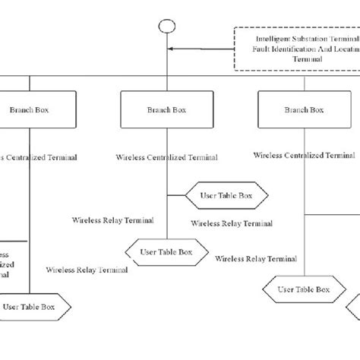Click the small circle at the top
tap(167, 27)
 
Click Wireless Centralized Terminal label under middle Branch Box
tap(167, 158)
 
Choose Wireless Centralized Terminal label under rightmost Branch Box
tap(304, 155)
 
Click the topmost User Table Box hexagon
tap(228, 195)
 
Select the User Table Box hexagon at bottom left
tap(35, 308)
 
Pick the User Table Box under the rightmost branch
tap(303, 289)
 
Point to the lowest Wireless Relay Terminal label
tap(87, 269)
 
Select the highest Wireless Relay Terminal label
tap(113, 220)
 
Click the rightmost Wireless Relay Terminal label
tap(256, 259)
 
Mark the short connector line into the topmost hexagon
tap(176, 195)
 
